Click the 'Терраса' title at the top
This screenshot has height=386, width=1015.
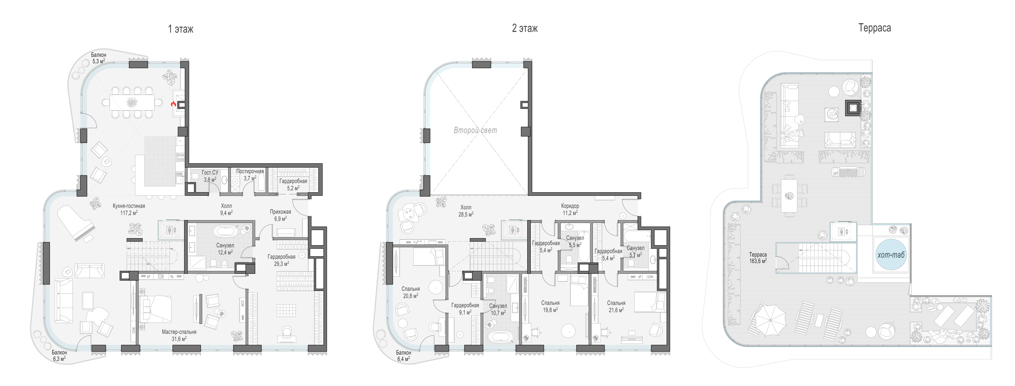coord(874,28)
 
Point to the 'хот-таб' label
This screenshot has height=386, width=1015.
coord(891,255)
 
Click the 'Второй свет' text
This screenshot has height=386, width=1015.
coord(475,130)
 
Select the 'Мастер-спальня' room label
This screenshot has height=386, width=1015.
coord(179,332)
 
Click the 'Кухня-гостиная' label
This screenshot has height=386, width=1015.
coord(129,206)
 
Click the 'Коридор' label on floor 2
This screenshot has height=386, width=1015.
coord(570,206)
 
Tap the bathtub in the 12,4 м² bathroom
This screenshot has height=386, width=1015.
coord(225,231)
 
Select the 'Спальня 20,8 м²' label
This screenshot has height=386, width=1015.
coord(411,292)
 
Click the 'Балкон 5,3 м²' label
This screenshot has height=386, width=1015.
coord(98,58)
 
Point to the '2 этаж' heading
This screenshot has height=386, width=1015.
coord(525,28)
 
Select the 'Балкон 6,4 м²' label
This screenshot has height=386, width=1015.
coord(403,356)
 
